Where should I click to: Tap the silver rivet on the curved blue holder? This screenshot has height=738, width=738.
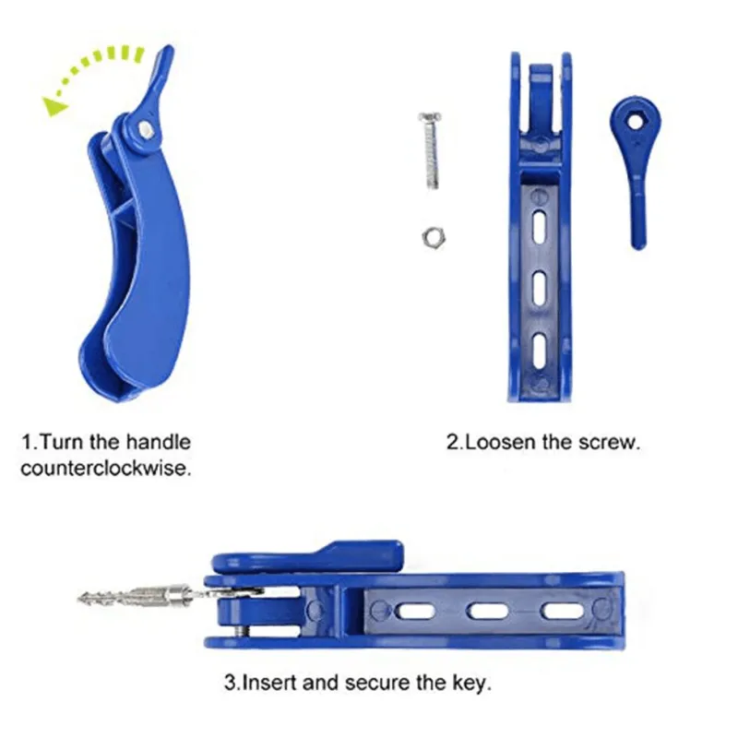(146, 129)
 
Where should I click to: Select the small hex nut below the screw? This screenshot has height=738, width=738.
(431, 237)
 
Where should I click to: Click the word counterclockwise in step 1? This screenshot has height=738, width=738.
(106, 468)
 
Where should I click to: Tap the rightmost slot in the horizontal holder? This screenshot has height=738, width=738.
(562, 611)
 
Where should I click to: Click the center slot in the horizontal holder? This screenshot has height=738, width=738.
(488, 611)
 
